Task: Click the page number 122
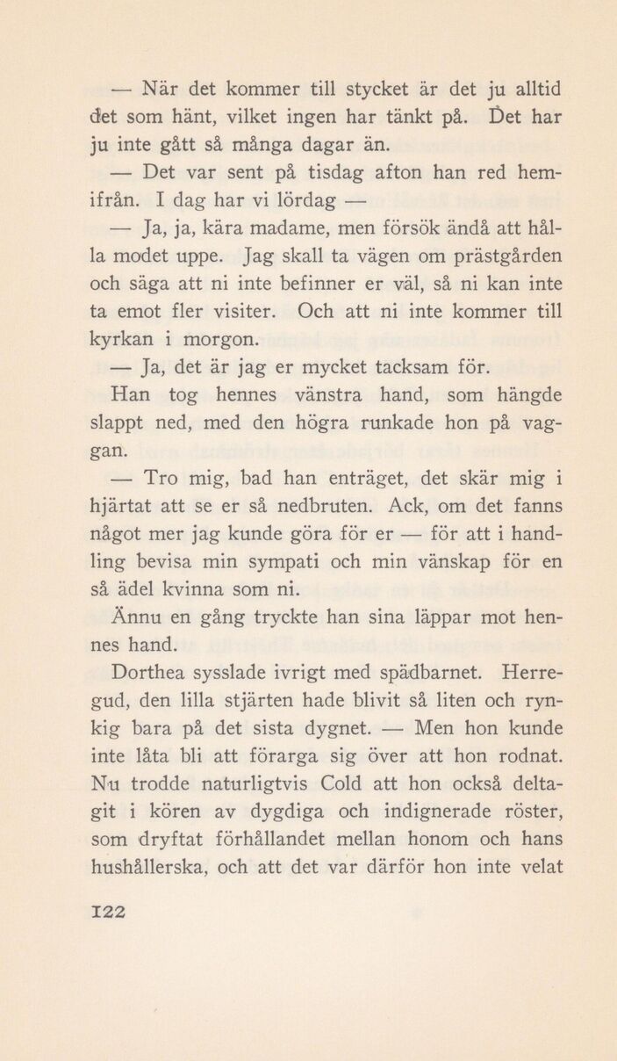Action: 109,911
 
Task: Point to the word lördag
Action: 306,201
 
